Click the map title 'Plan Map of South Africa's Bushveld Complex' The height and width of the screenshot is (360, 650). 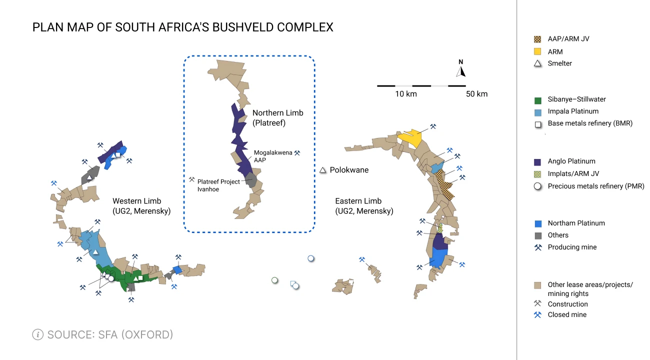(182, 27)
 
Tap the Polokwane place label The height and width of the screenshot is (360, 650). (349, 170)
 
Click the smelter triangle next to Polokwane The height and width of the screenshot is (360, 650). (323, 170)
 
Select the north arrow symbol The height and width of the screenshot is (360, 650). (461, 69)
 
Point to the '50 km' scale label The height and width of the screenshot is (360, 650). (476, 94)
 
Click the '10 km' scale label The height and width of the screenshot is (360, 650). (405, 94)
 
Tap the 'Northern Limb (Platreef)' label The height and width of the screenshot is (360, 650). (277, 117)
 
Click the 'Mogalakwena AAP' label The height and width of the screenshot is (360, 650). (272, 156)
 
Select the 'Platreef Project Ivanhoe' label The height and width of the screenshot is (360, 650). (218, 185)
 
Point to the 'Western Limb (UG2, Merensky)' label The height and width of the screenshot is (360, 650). (141, 206)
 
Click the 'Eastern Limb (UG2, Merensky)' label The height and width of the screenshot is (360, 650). (364, 206)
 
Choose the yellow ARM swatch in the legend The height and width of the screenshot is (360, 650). (537, 51)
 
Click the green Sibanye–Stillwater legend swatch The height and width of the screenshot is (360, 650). (537, 99)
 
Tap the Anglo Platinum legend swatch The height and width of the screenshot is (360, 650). (537, 161)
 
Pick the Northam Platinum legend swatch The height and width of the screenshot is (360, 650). (537, 223)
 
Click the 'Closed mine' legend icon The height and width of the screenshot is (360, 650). (537, 315)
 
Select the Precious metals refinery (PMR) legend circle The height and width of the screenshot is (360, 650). (537, 186)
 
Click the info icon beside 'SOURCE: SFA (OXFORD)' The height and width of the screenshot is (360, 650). (37, 334)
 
